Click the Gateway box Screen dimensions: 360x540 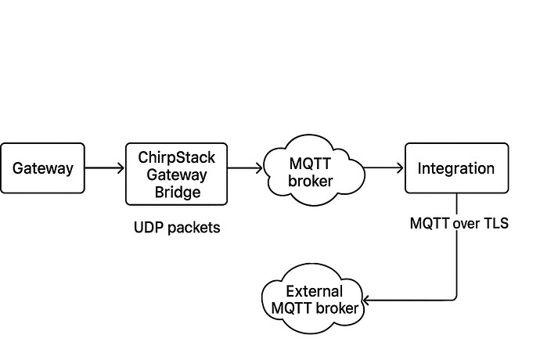pos(42,167)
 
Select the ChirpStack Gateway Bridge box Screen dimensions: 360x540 pos(177,174)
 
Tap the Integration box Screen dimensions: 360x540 pos(455,167)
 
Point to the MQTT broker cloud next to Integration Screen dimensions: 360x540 pos(312,174)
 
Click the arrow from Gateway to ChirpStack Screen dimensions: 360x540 pos(105,167)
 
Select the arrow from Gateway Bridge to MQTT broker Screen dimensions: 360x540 pos(246,167)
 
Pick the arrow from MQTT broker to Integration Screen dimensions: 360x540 pos(383,167)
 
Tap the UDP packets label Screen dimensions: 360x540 pos(177,228)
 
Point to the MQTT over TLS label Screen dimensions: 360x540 pos(459,223)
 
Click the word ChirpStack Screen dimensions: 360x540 pos(177,157)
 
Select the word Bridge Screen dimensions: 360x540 pos(177,192)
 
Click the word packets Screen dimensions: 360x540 pos(193,228)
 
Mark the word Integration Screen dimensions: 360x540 pos(455,167)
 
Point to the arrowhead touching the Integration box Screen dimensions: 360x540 pos(400,167)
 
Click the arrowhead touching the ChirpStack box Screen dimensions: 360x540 pos(121,167)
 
